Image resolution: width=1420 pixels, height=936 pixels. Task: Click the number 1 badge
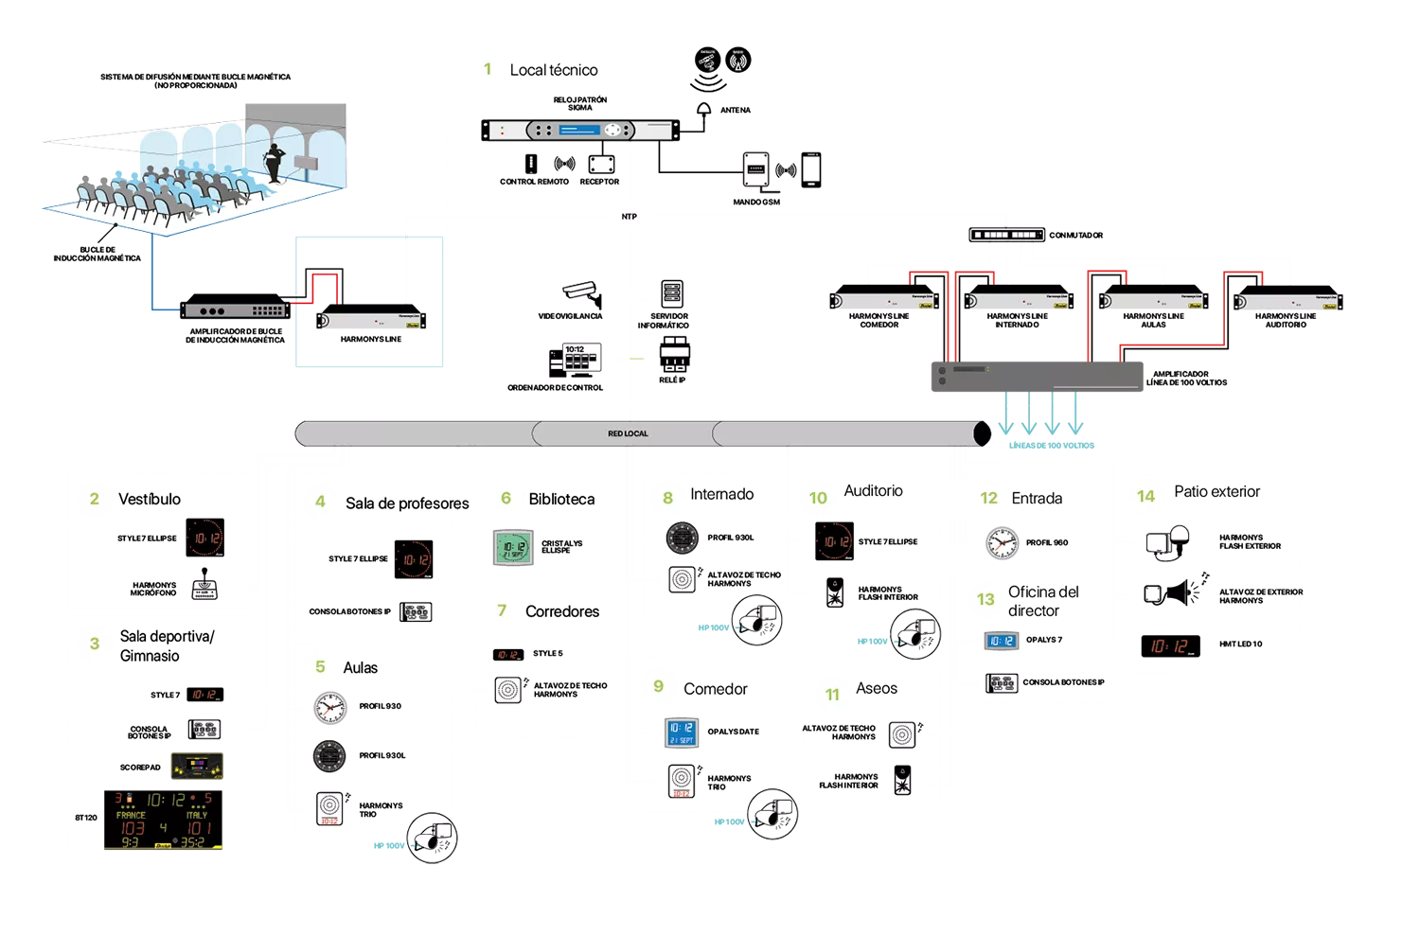(488, 69)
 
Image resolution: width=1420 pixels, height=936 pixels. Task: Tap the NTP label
(630, 217)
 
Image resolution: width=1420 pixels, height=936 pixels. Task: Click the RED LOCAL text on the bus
(628, 433)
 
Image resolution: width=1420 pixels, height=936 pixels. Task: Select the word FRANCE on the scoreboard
(131, 815)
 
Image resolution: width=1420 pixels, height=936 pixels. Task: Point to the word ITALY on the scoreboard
(197, 815)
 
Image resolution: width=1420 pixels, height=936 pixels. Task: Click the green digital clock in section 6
(515, 546)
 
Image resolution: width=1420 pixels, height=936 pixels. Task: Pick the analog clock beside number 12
(1003, 543)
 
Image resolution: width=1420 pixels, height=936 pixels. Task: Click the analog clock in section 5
(329, 707)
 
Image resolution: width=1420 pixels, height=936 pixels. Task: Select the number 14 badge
(1145, 496)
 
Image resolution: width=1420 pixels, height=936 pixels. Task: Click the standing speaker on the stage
(275, 163)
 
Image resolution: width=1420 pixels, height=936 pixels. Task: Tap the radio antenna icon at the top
(738, 62)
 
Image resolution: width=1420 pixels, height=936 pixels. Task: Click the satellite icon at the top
(707, 62)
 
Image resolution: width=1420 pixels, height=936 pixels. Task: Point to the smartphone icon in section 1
(811, 168)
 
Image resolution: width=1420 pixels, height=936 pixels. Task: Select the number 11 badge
(832, 695)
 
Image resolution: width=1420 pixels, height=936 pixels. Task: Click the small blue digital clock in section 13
(1001, 641)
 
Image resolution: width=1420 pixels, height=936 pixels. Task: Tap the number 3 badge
(94, 644)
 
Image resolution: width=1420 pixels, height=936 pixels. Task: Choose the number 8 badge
(667, 498)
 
